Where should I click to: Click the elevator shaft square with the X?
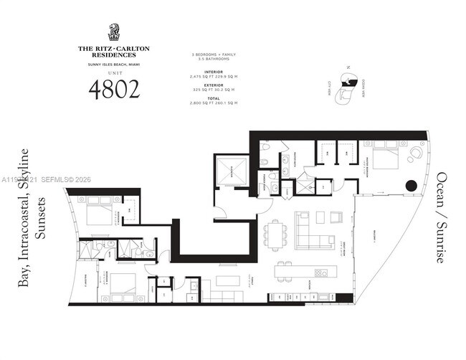click(232, 173)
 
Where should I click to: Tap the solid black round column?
click(412, 185)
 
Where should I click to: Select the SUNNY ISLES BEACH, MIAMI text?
click(113, 64)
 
